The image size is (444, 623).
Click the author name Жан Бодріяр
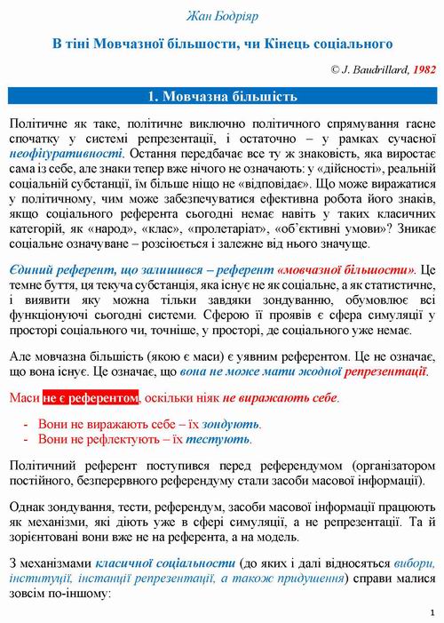221,15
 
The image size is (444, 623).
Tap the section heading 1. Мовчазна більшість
221,95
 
